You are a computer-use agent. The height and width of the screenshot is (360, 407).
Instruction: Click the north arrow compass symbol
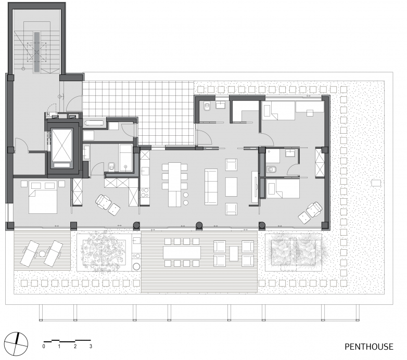tap(20, 342)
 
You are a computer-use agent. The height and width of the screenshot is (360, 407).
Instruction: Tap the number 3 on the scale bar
tap(91, 346)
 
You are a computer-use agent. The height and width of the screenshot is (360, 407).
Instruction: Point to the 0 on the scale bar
tap(44, 346)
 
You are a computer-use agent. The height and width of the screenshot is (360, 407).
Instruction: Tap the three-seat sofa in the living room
tap(211, 186)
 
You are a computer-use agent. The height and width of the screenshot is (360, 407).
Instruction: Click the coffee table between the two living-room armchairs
tap(231, 186)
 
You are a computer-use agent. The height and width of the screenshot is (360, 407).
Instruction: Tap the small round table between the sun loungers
tap(41, 253)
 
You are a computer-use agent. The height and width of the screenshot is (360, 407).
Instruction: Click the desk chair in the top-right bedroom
tap(311, 110)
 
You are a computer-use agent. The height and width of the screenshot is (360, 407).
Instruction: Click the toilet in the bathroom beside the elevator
tap(112, 167)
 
